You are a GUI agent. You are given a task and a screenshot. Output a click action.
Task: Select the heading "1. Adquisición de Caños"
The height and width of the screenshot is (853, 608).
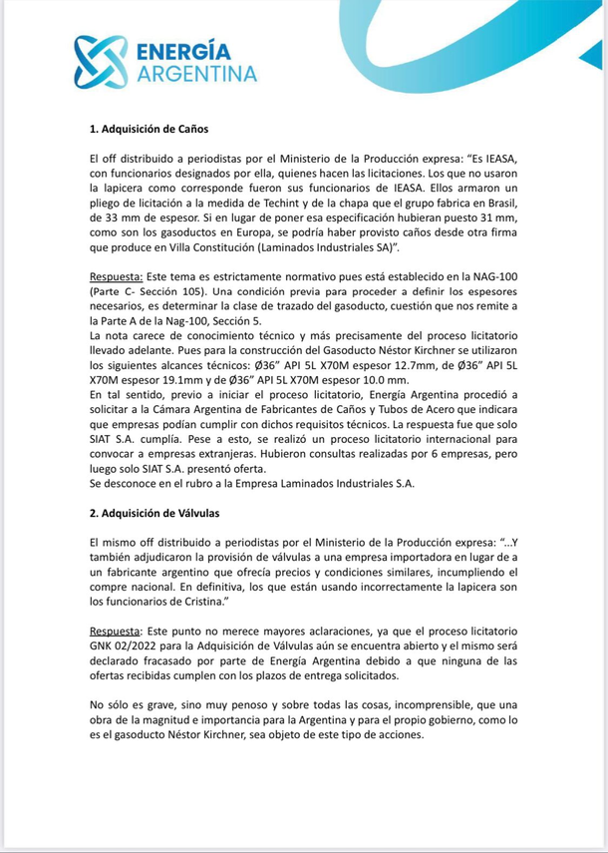[x=149, y=129]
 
